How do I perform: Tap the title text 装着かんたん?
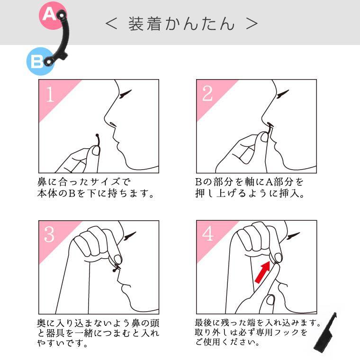181,24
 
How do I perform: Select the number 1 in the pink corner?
50,94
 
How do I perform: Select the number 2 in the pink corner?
207,94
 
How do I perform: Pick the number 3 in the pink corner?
49,234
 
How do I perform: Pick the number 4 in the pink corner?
208,234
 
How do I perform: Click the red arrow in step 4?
262,272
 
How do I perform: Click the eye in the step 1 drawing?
125,94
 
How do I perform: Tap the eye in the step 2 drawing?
283,94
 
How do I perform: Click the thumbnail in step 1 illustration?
96,151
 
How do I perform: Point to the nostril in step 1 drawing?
112,125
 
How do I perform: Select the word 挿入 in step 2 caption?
289,193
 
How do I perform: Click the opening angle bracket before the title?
111,24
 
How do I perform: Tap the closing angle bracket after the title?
252,24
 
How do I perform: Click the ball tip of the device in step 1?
97,135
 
